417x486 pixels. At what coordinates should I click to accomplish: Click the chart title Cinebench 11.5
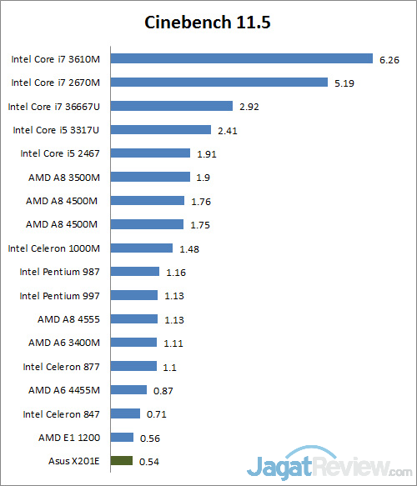tap(208, 22)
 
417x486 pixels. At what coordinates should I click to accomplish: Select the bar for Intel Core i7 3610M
tap(241, 58)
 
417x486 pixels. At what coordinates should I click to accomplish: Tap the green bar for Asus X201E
tap(122, 460)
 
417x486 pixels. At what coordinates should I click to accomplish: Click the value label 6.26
tap(389, 59)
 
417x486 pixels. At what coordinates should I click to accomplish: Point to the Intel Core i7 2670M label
tap(55, 83)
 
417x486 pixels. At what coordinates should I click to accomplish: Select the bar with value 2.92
tap(171, 106)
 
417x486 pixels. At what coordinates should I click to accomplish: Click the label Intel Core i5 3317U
tap(55, 130)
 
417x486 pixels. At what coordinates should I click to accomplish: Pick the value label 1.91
tap(207, 153)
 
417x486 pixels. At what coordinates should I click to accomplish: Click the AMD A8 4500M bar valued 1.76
tap(147, 200)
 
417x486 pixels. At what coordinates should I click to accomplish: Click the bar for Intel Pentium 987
tap(134, 271)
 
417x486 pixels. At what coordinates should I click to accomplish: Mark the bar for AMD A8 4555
tap(133, 318)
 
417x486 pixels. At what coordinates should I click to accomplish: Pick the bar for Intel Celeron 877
tap(133, 366)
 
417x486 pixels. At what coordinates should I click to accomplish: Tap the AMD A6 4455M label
tap(63, 389)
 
